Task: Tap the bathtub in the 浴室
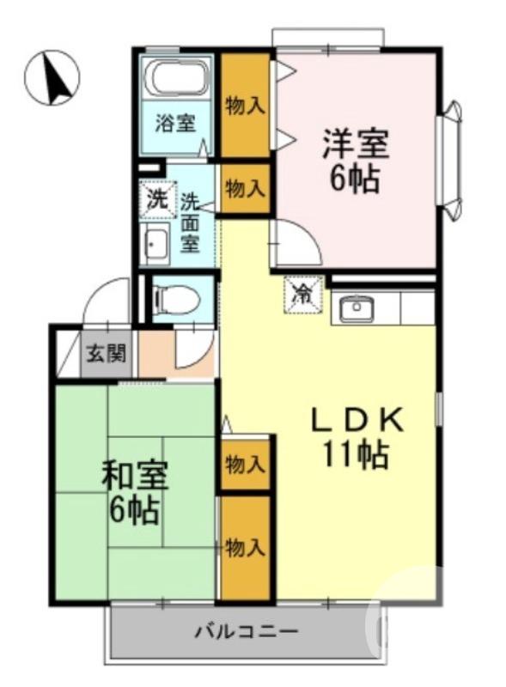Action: click(x=177, y=79)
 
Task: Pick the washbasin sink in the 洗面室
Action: click(x=155, y=247)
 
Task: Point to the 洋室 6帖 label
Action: click(x=355, y=160)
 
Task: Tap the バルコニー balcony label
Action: click(x=246, y=633)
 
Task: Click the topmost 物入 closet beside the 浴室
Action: click(x=245, y=105)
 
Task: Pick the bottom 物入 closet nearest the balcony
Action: click(x=245, y=548)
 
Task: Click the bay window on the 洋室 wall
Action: click(x=450, y=160)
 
